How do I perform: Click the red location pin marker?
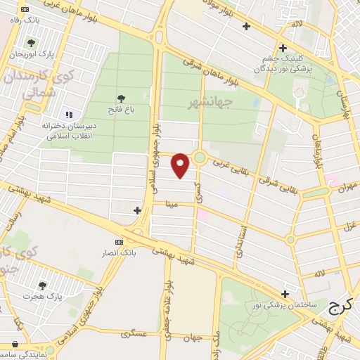click(181, 165)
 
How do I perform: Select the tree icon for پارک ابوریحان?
click(29, 42)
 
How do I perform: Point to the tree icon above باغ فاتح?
click(121, 98)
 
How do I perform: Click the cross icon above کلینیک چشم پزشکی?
click(283, 49)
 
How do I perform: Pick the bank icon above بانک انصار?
click(119, 242)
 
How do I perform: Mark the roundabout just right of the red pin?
click(200, 157)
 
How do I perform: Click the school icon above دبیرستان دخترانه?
click(69, 114)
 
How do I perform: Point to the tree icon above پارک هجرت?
click(42, 285)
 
